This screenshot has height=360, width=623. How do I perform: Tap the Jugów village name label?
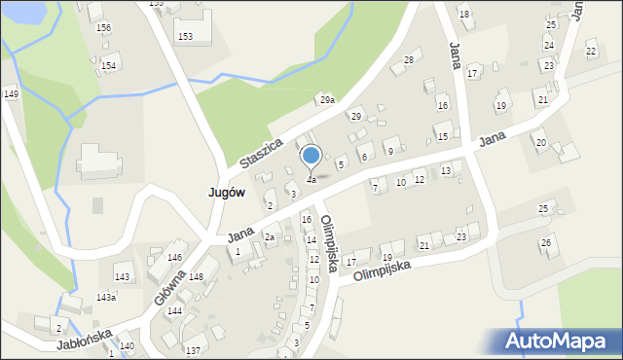coord(226,193)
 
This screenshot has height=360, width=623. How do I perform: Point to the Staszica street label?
coord(261,154)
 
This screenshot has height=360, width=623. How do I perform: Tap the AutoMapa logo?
coord(559,342)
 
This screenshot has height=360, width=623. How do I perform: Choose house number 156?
coord(103,28)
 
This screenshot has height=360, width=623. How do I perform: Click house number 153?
coord(184,36)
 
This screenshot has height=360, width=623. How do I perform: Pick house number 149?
coord(11,93)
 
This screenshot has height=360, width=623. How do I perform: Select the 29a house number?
coord(327,100)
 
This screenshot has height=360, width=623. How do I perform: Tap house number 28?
coord(409,60)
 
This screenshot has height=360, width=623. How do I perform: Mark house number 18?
coord(464,14)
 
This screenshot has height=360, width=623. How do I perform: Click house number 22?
coord(590,51)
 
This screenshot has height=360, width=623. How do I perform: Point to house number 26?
coord(546,241)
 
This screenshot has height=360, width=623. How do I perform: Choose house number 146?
coord(174,257)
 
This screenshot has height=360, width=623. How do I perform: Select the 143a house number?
coord(105,298)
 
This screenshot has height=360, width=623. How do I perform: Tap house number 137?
coord(193,350)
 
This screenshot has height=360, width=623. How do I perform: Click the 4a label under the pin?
coord(311,180)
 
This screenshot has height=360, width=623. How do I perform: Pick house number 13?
coord(446,171)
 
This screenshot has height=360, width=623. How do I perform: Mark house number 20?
coord(540,143)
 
